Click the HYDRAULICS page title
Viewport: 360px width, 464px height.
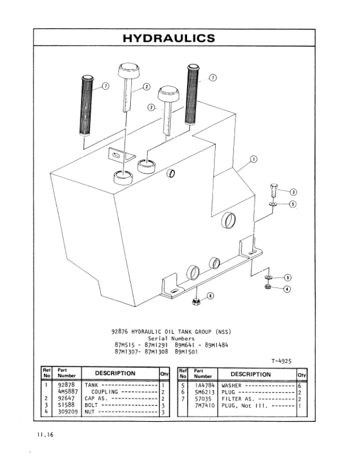coord(169,38)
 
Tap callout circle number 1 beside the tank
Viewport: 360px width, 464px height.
coord(253,158)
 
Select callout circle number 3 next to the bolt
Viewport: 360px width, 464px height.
coord(293,191)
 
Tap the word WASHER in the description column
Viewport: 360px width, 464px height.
coord(232,385)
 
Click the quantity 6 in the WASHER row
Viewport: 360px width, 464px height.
coord(299,385)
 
